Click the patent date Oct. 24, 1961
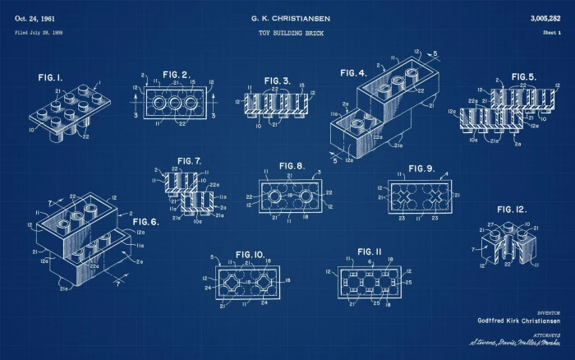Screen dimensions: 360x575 [34, 17]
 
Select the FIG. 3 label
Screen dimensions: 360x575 [277, 81]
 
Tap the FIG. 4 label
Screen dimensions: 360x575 [355, 73]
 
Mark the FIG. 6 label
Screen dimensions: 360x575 [145, 222]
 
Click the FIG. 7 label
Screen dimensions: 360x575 [188, 160]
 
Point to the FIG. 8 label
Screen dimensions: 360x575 [291, 165]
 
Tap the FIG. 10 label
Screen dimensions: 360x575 [250, 255]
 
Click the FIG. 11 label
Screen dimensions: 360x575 [370, 252]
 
